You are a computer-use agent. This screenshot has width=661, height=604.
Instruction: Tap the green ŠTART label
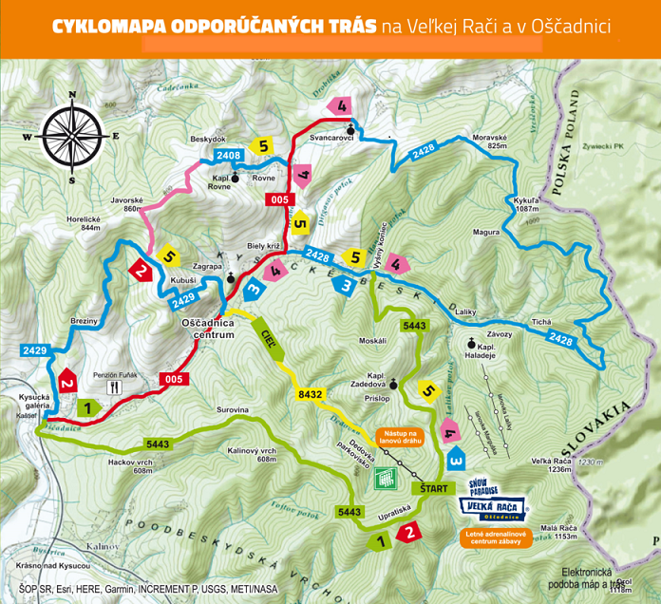coord(430,487)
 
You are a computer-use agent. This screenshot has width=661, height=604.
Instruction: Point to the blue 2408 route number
coord(228,155)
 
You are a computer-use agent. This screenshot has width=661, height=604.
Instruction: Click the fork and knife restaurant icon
coord(116,387)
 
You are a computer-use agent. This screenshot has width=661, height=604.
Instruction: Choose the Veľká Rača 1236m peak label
coord(554,464)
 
